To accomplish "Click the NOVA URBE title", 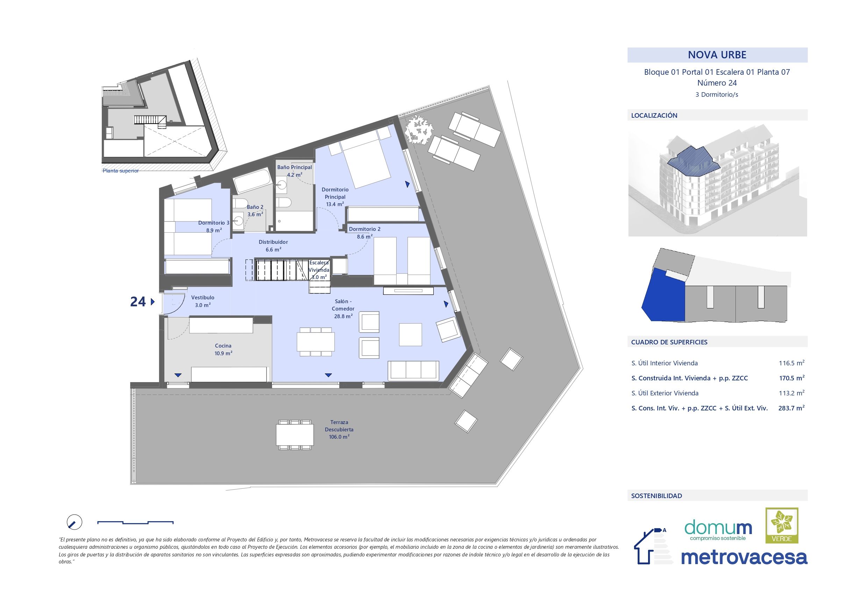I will click(x=717, y=55).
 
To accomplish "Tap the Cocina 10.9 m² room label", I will click(x=223, y=349).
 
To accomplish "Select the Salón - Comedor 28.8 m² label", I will click(x=343, y=308).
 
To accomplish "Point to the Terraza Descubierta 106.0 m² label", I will click(x=339, y=429).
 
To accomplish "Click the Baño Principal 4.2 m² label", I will click(x=294, y=171).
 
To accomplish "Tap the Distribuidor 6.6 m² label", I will click(x=273, y=246).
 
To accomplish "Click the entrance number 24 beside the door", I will click(x=138, y=301).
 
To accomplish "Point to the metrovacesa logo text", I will click(x=744, y=557).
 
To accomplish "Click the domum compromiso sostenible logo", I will click(x=718, y=530).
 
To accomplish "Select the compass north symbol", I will click(x=74, y=522).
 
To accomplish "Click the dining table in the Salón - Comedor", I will click(x=316, y=342).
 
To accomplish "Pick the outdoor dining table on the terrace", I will click(x=295, y=435).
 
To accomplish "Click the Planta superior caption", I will click(x=121, y=171).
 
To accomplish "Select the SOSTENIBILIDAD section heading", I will click(x=656, y=496).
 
